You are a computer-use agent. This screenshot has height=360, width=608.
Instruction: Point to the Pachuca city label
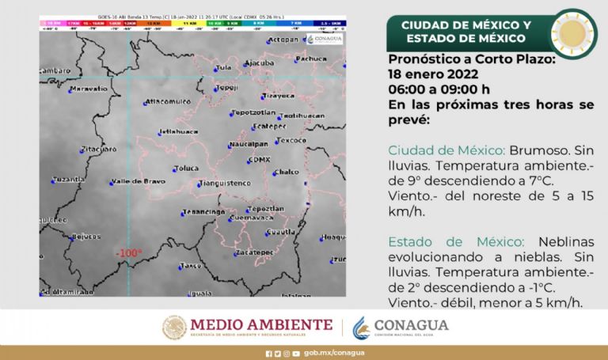pyautogui.click(x=316, y=59)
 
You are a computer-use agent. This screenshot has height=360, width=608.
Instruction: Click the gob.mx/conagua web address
pyautogui.click(x=323, y=354)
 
